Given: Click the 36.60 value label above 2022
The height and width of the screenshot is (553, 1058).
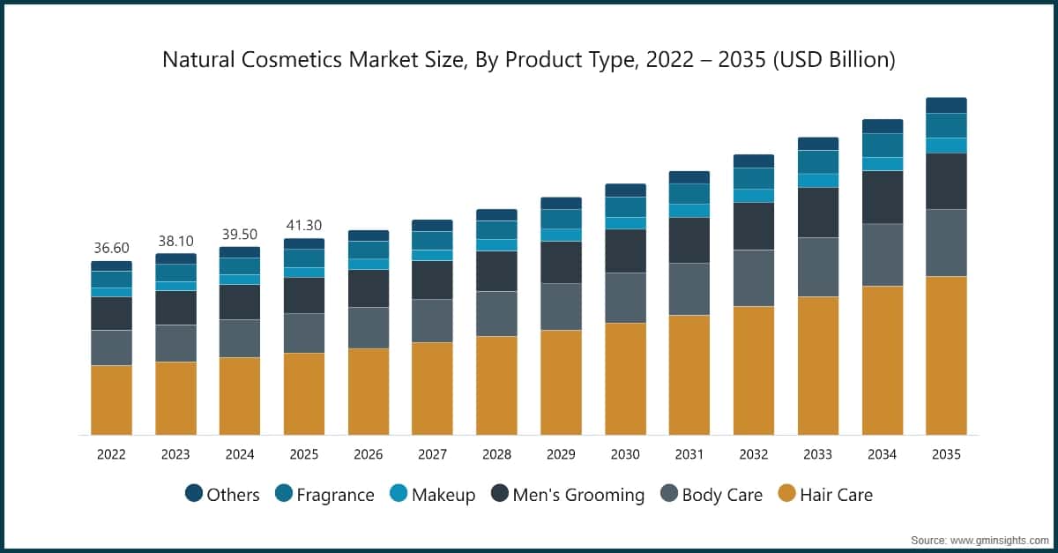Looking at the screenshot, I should (x=111, y=249).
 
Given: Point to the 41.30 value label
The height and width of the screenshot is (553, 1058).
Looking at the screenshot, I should (x=304, y=226).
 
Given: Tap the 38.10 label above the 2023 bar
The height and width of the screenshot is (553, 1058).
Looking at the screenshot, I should (x=175, y=241).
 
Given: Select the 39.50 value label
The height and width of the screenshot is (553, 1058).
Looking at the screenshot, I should (x=240, y=234).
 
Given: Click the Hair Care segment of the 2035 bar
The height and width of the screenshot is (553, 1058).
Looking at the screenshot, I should (x=946, y=355).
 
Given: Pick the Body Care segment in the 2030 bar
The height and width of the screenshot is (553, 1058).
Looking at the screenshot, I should (x=625, y=298).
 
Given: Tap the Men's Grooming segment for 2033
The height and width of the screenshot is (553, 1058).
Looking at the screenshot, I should (x=818, y=213).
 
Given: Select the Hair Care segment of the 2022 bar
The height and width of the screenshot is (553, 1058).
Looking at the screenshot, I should (x=111, y=400).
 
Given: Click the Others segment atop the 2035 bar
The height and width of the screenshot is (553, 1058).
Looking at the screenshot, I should (x=946, y=105).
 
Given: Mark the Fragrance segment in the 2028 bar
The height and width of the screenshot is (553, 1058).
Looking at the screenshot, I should (x=496, y=230).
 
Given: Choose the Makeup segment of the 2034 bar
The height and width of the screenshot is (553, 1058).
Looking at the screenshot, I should (x=883, y=163).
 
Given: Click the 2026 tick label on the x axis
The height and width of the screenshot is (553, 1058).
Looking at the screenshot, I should (x=369, y=455).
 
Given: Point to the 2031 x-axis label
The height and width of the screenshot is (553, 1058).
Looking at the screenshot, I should (x=689, y=455).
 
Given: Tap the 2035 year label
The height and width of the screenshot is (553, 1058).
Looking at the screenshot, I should (x=946, y=455).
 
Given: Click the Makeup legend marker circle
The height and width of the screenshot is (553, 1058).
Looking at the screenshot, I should (x=399, y=494).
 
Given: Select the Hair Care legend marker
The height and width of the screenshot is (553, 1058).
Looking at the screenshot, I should (x=786, y=494).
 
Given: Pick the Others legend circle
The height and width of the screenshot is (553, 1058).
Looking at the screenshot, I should (x=194, y=494).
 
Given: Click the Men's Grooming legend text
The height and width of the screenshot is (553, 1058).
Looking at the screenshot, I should (x=580, y=495).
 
